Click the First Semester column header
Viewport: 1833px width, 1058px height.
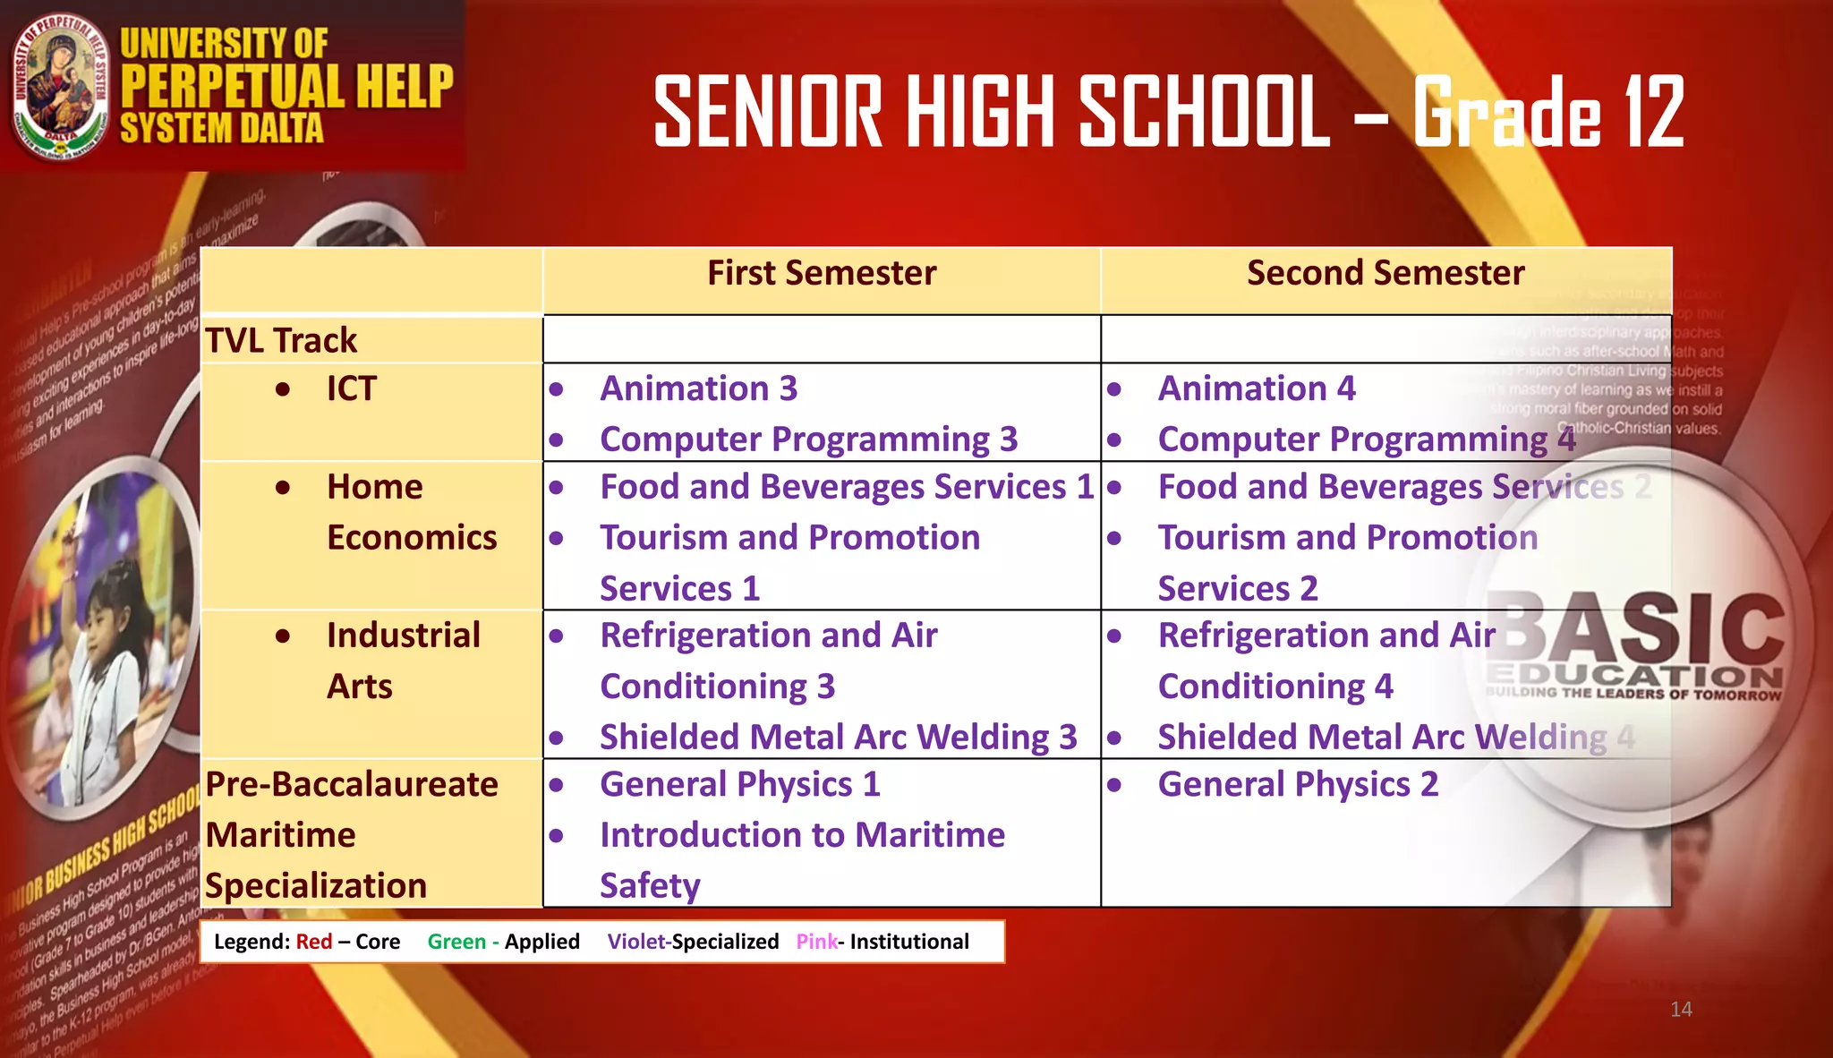click(822, 273)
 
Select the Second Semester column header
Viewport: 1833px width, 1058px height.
click(1385, 273)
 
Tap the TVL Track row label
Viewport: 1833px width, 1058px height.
click(281, 341)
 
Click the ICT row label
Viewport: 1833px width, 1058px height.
click(351, 389)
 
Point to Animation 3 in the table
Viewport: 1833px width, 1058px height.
click(698, 389)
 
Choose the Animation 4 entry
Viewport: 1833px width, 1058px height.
click(1256, 389)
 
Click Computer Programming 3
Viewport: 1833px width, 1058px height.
click(808, 439)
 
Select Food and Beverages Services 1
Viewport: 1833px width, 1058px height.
click(847, 488)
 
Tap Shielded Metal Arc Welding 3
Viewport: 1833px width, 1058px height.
click(838, 738)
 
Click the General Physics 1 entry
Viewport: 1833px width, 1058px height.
click(740, 785)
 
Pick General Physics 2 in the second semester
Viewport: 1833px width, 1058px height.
click(1298, 785)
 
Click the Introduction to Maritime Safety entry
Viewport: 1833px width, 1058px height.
click(802, 859)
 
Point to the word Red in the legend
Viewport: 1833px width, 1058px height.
click(314, 942)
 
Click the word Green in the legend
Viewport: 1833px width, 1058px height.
click(456, 942)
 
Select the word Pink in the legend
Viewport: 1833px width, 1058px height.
click(816, 942)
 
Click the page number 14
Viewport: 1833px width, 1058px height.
click(1681, 1010)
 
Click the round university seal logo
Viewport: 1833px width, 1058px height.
click(60, 87)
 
